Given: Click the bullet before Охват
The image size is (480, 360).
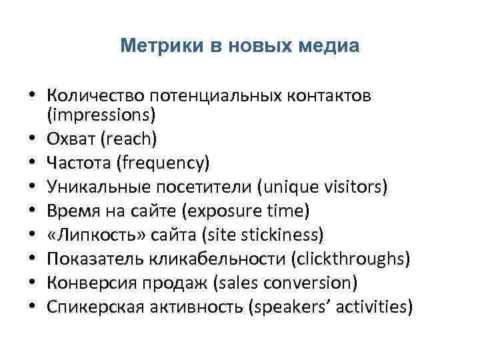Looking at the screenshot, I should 32,139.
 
